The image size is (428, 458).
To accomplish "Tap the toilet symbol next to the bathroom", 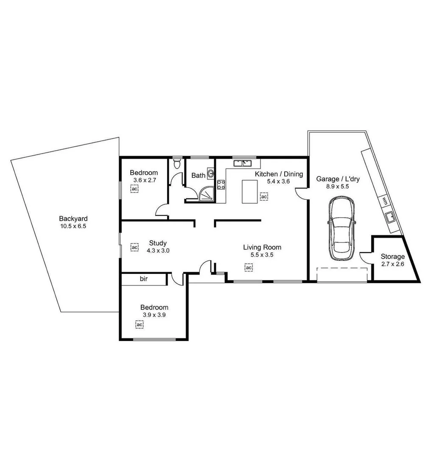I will pyautogui.click(x=177, y=164).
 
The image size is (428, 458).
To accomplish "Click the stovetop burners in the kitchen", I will pyautogui.click(x=221, y=184).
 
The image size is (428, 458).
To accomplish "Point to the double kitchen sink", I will pyautogui.click(x=243, y=163).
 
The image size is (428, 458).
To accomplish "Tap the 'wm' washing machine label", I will pyautogui.click(x=384, y=200).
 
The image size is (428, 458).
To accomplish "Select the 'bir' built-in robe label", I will pyautogui.click(x=143, y=279).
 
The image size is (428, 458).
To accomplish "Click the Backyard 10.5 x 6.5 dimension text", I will pyautogui.click(x=73, y=226).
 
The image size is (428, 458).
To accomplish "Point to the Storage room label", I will pyautogui.click(x=392, y=257).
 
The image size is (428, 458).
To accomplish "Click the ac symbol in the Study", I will pyautogui.click(x=134, y=247).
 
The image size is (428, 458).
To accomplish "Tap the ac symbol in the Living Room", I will pyautogui.click(x=249, y=268).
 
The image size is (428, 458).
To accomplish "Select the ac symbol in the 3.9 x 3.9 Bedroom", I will pyautogui.click(x=139, y=324).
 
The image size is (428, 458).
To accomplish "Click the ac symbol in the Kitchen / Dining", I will pyautogui.click(x=264, y=197).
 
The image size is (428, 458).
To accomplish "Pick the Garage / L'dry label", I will pyautogui.click(x=338, y=179).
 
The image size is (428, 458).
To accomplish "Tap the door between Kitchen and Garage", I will pyautogui.click(x=302, y=193).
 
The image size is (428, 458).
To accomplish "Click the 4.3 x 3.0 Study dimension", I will pyautogui.click(x=158, y=251).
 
